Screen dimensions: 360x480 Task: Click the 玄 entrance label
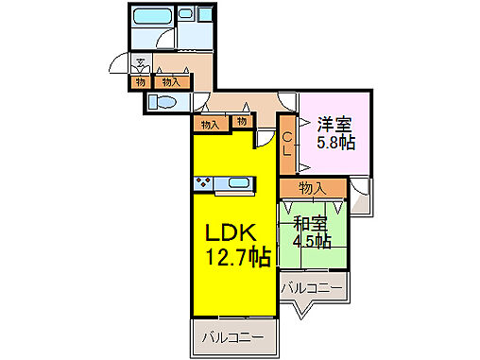click(140, 64)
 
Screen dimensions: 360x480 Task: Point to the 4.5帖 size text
click(312, 243)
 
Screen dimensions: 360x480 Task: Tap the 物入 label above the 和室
click(313, 188)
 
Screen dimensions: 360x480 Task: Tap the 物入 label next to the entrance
click(171, 82)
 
